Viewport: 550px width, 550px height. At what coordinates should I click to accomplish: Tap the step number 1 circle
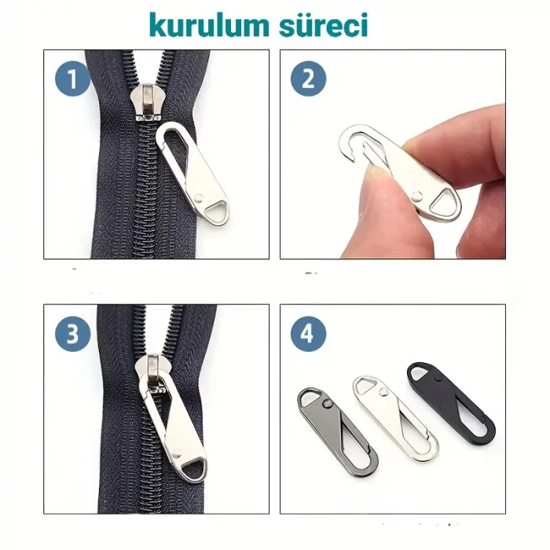(x=72, y=81)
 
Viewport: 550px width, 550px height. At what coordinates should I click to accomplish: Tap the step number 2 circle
(x=308, y=81)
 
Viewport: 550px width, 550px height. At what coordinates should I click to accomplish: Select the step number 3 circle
(x=72, y=335)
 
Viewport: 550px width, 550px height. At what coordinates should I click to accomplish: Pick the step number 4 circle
(x=308, y=335)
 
